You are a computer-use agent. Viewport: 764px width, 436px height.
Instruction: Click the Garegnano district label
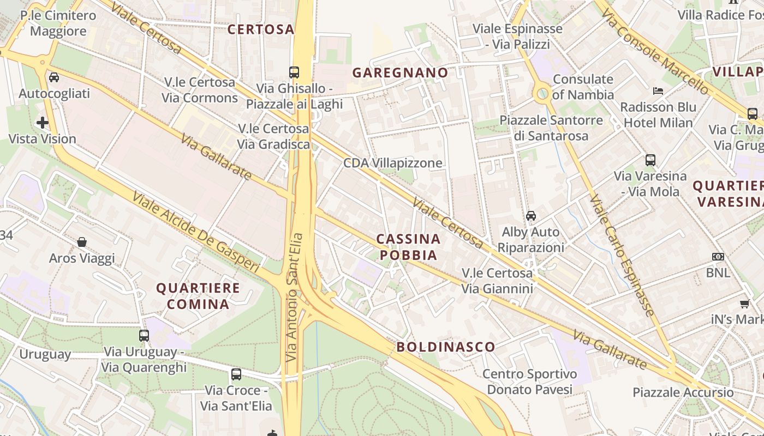(x=400, y=72)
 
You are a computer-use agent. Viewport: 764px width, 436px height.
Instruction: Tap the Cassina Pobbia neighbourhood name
(x=409, y=247)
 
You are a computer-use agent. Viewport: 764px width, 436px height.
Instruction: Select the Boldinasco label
(x=446, y=347)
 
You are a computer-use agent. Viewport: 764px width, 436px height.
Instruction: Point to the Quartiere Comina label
(x=198, y=296)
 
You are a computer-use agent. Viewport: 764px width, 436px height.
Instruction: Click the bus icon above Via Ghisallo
(x=294, y=72)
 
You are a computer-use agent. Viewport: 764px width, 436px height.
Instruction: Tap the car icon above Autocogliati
(x=54, y=77)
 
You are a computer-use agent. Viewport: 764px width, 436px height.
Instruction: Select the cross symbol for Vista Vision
(x=43, y=123)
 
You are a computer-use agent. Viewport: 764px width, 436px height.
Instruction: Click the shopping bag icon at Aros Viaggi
(x=82, y=241)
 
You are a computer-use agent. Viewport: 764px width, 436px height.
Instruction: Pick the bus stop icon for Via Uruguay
(x=144, y=336)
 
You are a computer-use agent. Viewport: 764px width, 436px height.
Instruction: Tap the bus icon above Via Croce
(x=236, y=374)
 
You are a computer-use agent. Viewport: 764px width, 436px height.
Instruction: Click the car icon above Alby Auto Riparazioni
(x=531, y=216)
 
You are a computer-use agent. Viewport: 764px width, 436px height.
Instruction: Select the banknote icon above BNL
(x=718, y=257)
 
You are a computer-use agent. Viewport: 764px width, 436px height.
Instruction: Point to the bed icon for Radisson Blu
(x=658, y=90)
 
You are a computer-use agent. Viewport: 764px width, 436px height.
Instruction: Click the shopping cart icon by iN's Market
(x=745, y=304)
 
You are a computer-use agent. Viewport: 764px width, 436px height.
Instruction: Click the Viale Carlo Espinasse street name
(x=622, y=256)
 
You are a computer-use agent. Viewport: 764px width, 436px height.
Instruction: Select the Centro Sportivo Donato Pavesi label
(x=530, y=381)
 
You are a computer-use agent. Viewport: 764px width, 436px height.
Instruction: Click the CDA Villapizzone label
(x=393, y=163)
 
